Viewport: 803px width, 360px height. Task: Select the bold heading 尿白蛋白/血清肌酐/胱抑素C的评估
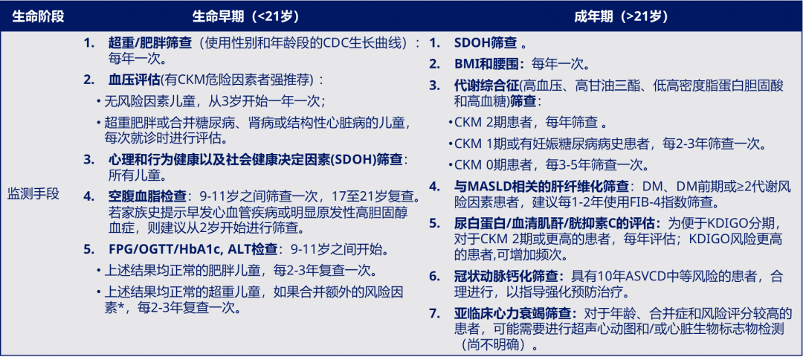[557, 222]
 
